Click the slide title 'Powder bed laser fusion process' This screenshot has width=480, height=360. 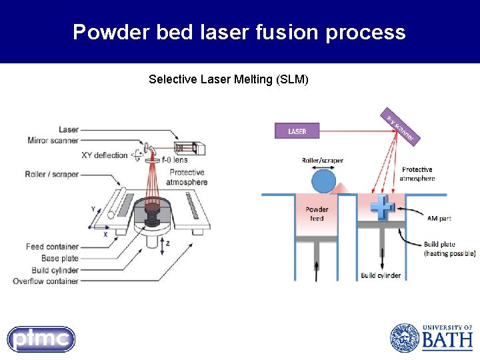pos(239,32)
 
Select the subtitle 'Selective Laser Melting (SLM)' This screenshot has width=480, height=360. pos(229,79)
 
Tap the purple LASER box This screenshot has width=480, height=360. pos(297,131)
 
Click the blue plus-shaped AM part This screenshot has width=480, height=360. pos(383,207)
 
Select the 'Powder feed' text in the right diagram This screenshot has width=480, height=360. pos(317,213)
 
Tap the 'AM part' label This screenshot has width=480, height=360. pos(439,218)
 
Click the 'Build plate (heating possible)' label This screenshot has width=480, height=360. pos(449,248)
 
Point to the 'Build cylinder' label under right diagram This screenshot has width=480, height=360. pos(381,275)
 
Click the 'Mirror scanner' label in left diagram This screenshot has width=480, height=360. pos(53,140)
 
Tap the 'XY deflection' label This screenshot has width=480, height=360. pos(104,155)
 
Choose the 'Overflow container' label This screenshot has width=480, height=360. pos(45,281)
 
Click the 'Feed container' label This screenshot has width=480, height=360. pos(52,247)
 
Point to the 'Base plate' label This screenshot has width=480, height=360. pos(60,258)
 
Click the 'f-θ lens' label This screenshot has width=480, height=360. pos(175,159)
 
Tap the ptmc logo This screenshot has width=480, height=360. pos(41,339)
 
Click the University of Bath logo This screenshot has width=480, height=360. pos(431,338)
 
